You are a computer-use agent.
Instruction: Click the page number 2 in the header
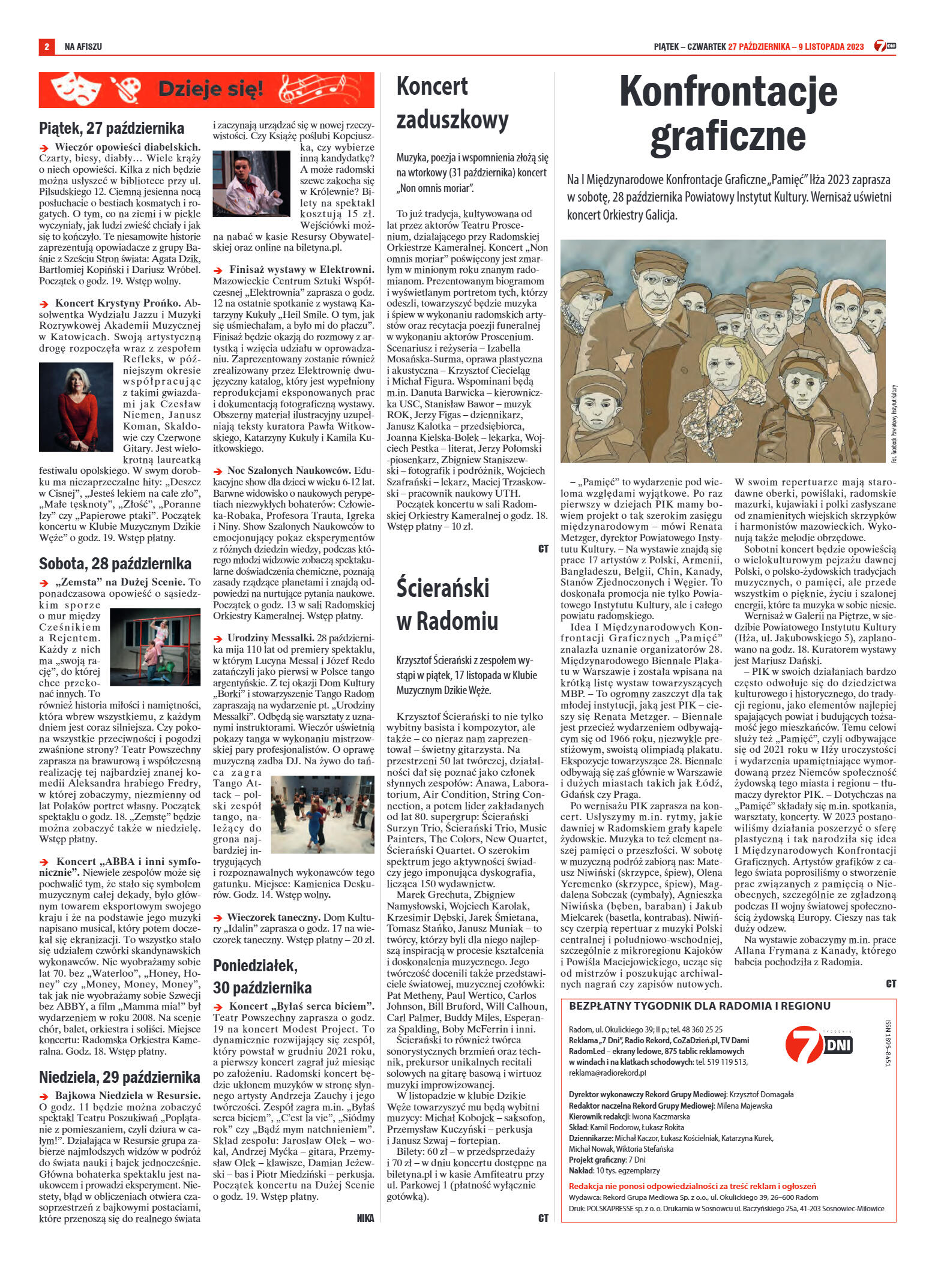pyautogui.click(x=46, y=46)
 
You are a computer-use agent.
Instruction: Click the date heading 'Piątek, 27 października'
pyautogui.click(x=111, y=128)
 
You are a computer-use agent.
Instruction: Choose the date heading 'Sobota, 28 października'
pyautogui.click(x=115, y=564)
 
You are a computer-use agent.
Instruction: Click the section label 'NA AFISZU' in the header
pyautogui.click(x=83, y=46)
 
